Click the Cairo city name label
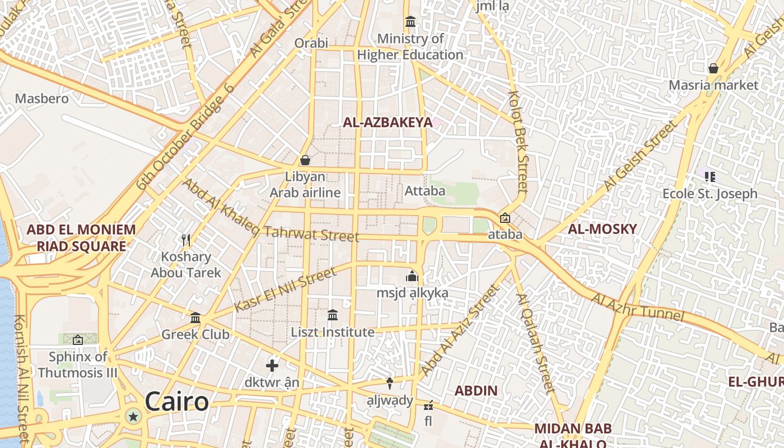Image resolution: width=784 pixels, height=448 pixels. pos(176,402)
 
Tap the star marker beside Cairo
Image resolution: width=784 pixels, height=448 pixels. pos(133,416)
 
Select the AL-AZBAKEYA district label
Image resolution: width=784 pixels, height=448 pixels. pos(388,122)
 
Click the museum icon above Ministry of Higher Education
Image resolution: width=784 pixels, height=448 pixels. pos(410,22)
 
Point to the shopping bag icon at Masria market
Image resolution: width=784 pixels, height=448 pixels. pos(713,68)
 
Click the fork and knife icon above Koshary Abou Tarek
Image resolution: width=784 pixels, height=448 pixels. pos(186,240)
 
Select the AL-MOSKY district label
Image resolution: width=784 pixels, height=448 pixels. pos(602,228)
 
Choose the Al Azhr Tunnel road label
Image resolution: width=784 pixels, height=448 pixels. pos(637,307)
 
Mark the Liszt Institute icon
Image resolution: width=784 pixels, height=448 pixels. pos(333,315)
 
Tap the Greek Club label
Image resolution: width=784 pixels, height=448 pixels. pos(195,334)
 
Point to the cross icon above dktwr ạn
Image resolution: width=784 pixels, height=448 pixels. pos(272,366)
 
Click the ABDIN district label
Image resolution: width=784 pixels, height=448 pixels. pos(476,390)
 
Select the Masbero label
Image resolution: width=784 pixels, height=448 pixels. pos(42,99)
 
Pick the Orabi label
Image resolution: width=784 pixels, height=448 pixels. pos(311,43)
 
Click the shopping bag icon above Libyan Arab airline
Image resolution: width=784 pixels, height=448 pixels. pos(305,160)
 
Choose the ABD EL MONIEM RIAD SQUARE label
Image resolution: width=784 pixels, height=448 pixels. pos(81,237)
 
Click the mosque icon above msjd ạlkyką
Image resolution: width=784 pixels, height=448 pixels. pos(413,276)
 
